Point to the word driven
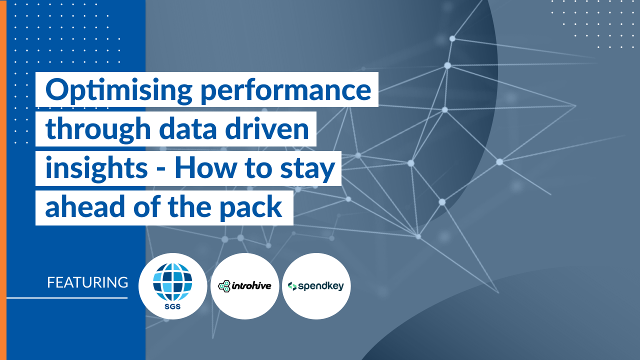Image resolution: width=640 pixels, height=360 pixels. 267,128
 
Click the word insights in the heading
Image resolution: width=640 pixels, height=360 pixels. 96,169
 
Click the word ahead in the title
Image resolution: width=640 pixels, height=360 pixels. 85,206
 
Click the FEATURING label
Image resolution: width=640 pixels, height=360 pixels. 87,282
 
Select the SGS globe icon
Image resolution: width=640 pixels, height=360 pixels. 172,281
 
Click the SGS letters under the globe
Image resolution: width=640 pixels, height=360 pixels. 172,307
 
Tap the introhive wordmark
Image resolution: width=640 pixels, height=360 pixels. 251,285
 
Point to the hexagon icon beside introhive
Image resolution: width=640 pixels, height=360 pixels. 224,286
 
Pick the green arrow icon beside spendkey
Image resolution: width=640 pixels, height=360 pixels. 292,286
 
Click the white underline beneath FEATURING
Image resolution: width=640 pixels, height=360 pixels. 67,298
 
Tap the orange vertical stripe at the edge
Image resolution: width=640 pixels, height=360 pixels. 3,180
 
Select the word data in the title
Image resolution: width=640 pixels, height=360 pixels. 187,128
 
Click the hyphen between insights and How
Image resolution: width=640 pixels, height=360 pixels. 161,170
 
